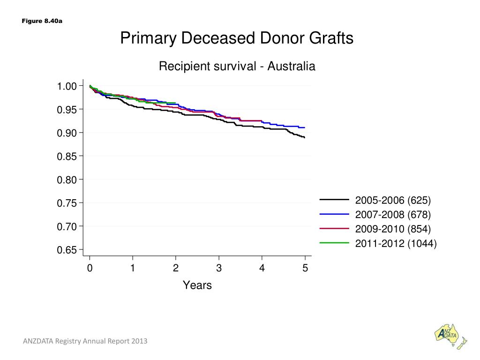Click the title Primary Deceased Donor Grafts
(237, 38)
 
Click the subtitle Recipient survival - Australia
(237, 67)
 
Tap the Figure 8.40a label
(42, 21)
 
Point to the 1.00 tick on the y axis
(67, 86)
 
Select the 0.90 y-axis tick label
(67, 133)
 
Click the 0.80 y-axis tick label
(67, 180)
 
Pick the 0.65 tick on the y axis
(67, 250)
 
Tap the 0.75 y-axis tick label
(67, 203)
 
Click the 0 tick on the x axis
(90, 268)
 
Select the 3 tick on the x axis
(219, 268)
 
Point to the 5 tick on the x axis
(305, 268)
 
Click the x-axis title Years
(197, 285)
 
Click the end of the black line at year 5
(305, 137)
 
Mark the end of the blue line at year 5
(305, 127)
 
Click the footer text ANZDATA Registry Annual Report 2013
(85, 341)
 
